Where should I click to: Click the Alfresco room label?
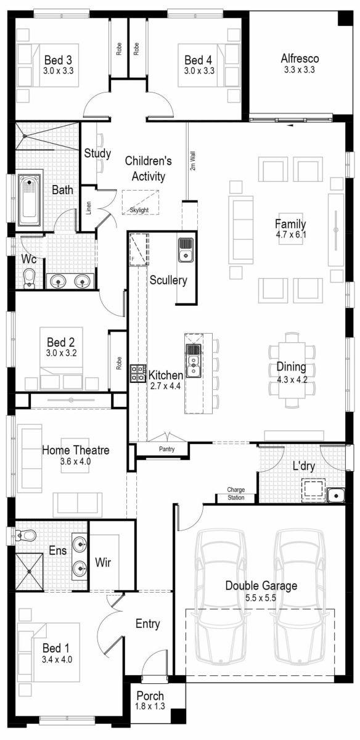[x=299, y=59]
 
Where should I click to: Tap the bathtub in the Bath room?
[x=29, y=200]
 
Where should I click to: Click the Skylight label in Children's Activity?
[x=139, y=210]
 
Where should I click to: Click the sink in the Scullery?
[x=186, y=250]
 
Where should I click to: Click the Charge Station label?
[x=236, y=493]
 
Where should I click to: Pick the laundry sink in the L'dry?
[x=336, y=495]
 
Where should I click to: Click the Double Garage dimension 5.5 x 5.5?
[x=261, y=598]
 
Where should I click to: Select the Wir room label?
[x=103, y=562]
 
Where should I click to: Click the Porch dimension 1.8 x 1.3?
[x=150, y=706]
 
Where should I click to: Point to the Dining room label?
[x=291, y=368]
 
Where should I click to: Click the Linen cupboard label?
[x=89, y=208]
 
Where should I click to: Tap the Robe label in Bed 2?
[x=118, y=363]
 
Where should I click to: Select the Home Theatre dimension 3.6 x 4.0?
[x=75, y=461]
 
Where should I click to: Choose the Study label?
[x=97, y=153]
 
